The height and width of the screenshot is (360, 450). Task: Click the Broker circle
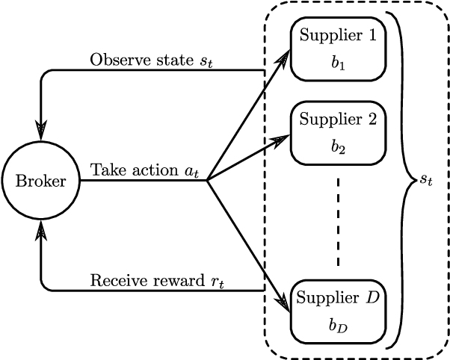click(x=41, y=181)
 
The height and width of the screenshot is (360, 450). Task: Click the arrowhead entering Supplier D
click(x=283, y=303)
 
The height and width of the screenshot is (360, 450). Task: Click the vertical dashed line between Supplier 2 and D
click(x=338, y=221)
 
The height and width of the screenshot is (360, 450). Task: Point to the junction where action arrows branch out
click(x=207, y=180)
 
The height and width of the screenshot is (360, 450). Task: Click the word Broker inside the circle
click(x=41, y=181)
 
